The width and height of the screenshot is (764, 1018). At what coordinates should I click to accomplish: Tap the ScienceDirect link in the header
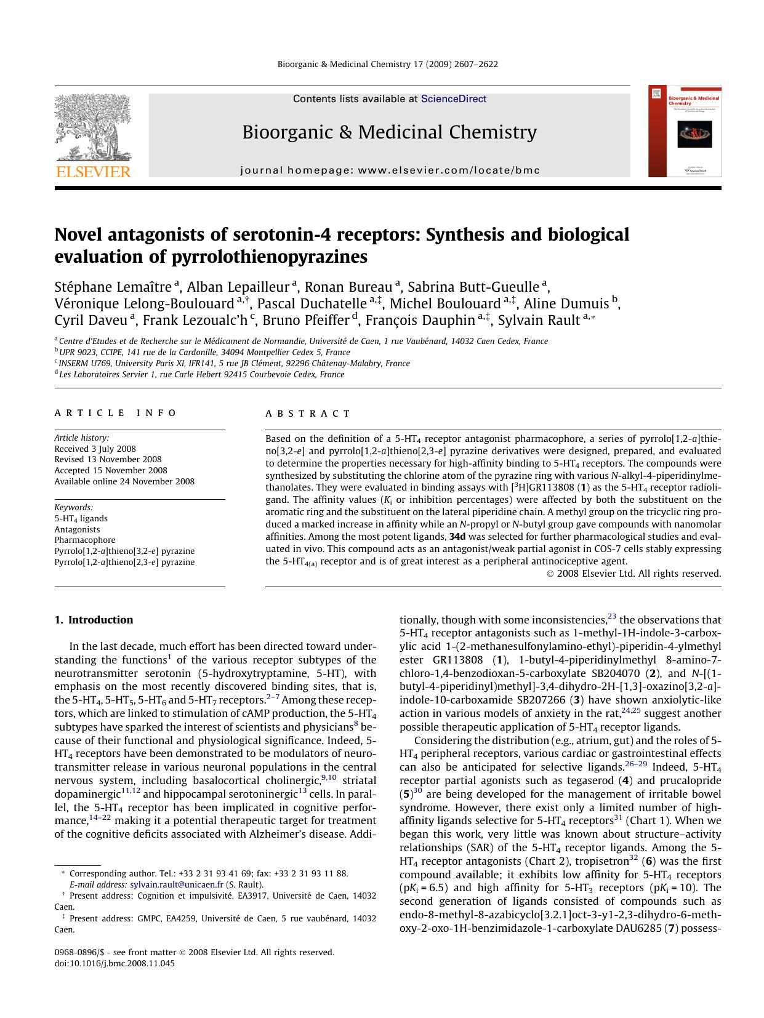click(453, 99)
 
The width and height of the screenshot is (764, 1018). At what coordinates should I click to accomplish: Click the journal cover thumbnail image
click(685, 132)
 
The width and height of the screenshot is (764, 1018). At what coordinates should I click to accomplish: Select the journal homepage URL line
click(390, 170)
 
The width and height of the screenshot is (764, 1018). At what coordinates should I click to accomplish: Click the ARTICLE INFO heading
click(116, 414)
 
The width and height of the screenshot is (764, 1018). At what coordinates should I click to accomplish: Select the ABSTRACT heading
click(308, 414)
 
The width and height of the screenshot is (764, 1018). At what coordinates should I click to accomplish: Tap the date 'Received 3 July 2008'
click(95, 449)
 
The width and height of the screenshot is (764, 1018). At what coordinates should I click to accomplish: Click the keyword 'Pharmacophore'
click(85, 540)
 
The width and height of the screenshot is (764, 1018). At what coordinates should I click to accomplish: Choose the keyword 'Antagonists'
click(77, 529)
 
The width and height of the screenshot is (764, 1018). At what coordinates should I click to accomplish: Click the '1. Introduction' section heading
click(94, 620)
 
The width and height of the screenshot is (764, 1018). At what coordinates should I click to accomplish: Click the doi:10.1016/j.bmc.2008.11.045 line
click(115, 963)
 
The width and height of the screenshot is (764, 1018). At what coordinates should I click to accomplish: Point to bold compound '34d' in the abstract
click(457, 537)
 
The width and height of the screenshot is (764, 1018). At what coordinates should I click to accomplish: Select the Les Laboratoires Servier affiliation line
click(201, 374)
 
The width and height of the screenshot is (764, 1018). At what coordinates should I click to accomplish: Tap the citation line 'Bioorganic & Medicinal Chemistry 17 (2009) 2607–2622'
click(388, 64)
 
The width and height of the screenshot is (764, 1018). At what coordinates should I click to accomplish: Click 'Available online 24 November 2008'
click(124, 481)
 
